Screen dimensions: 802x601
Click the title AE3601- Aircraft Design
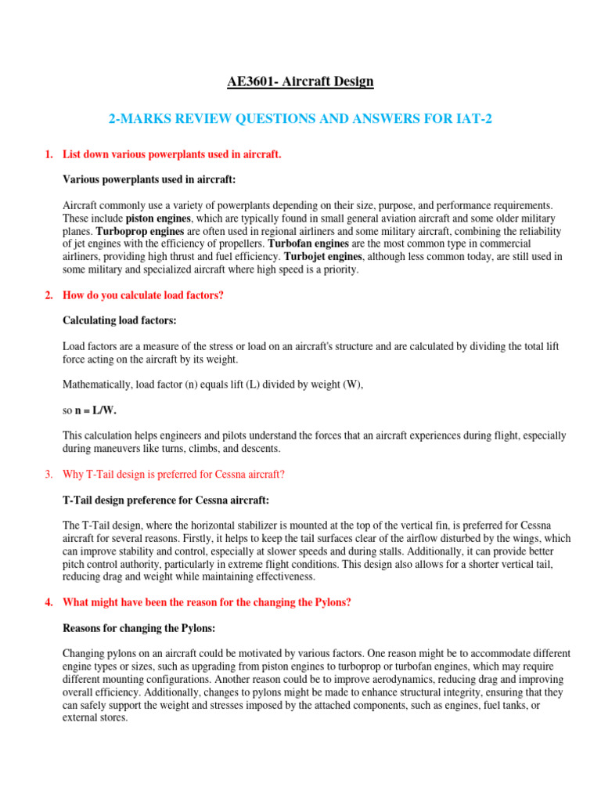point(301,81)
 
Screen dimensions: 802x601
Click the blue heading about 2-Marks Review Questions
point(300,118)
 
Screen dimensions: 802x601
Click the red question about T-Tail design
point(174,474)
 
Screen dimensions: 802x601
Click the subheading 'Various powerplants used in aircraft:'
point(148,179)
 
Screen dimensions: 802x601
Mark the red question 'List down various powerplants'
point(171,155)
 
